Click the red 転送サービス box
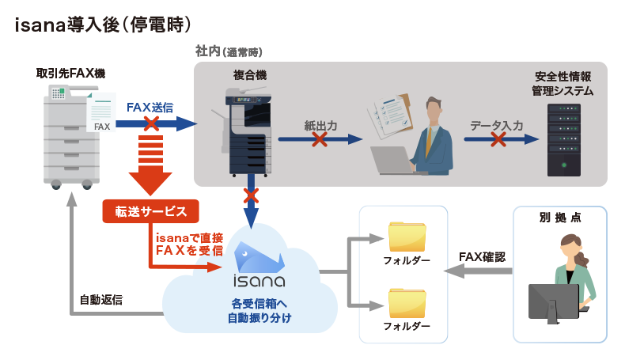click(150, 211)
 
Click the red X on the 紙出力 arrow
click(320, 139)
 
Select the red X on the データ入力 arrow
click(498, 139)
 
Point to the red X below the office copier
click(251, 194)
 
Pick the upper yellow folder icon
click(407, 237)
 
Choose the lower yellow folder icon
click(407, 303)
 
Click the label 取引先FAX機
click(70, 74)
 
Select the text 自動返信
click(100, 301)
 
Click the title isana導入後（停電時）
click(103, 25)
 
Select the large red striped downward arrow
click(150, 166)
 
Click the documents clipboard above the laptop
click(392, 117)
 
